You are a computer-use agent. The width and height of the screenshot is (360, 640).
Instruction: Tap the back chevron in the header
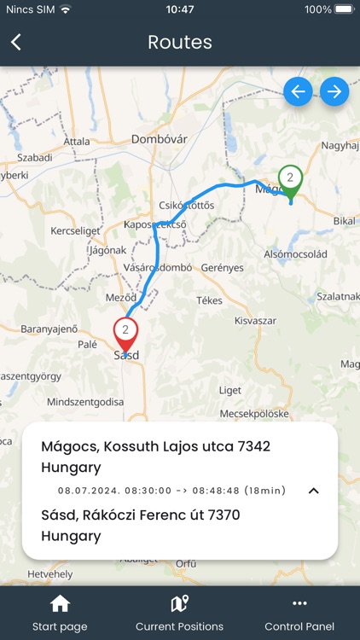[x=16, y=43]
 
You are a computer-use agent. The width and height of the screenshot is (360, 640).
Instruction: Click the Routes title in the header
[x=180, y=43]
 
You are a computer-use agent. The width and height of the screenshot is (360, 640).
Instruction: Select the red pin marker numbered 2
[x=125, y=331]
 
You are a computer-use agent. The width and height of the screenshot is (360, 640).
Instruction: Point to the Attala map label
[x=76, y=141]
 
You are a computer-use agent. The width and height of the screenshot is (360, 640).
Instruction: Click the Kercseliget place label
[x=75, y=230]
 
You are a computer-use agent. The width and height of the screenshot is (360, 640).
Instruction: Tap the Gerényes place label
[x=223, y=267]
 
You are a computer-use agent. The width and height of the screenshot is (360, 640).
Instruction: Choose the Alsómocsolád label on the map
[x=295, y=255]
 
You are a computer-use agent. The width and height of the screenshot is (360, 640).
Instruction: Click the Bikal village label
[x=344, y=221]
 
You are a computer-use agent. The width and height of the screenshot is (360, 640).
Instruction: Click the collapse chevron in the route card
[x=313, y=491]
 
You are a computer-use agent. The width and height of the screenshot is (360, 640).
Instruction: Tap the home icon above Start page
[x=60, y=604]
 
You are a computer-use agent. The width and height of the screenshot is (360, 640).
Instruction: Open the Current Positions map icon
[x=179, y=604]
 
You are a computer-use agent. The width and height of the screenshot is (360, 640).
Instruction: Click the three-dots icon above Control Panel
[x=299, y=604]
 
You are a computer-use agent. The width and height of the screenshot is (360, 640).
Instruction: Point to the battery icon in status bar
[x=345, y=9]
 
